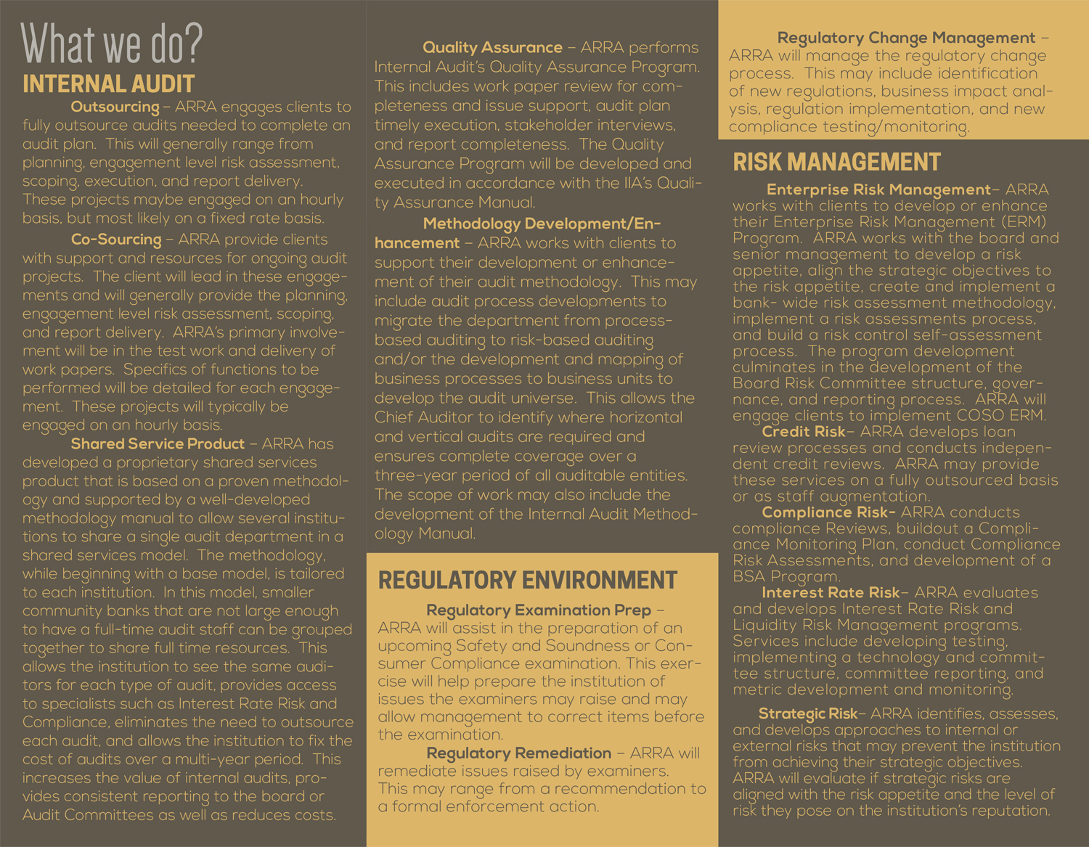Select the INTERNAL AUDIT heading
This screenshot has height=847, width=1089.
click(109, 84)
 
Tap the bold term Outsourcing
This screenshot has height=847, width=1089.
click(115, 107)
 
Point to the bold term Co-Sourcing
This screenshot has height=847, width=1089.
click(116, 240)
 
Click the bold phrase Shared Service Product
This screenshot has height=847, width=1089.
click(158, 443)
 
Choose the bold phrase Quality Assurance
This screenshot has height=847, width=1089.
click(492, 47)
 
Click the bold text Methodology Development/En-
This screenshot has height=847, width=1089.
click(542, 224)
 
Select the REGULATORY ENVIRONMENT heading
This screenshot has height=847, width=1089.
click(528, 580)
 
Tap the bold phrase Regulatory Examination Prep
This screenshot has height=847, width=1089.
click(538, 610)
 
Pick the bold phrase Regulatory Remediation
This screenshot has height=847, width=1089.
click(518, 753)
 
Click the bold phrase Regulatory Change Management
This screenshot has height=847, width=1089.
click(906, 38)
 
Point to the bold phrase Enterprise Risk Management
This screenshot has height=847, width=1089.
click(878, 189)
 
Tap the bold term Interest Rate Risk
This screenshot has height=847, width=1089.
click(831, 593)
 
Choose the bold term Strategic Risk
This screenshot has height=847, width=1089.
click(807, 713)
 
